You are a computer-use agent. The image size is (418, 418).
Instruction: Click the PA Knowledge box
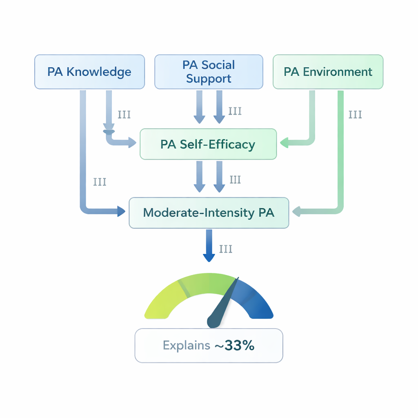point(89,72)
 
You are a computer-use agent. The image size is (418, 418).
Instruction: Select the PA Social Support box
point(209,72)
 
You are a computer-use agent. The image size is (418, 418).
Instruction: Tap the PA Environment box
point(328,72)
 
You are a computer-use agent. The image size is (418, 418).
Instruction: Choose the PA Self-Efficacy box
point(208,144)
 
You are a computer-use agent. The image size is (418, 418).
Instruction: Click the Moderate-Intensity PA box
point(209,213)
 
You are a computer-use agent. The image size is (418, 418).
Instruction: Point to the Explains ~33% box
point(209,345)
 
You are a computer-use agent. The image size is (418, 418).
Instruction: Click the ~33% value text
point(234,345)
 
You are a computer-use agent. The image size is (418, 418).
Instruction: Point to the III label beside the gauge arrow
point(226,249)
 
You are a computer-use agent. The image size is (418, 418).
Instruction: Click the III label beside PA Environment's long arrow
point(355,115)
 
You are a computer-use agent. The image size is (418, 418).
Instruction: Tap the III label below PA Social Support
point(235,111)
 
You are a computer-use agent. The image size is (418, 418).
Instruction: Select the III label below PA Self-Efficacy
point(235,180)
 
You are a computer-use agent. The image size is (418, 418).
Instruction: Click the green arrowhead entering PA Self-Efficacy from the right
point(284,142)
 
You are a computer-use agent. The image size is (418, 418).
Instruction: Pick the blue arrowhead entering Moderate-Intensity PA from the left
point(121,211)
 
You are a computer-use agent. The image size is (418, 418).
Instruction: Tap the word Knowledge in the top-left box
point(99,72)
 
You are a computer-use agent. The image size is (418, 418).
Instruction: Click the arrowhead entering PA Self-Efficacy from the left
point(132,142)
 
